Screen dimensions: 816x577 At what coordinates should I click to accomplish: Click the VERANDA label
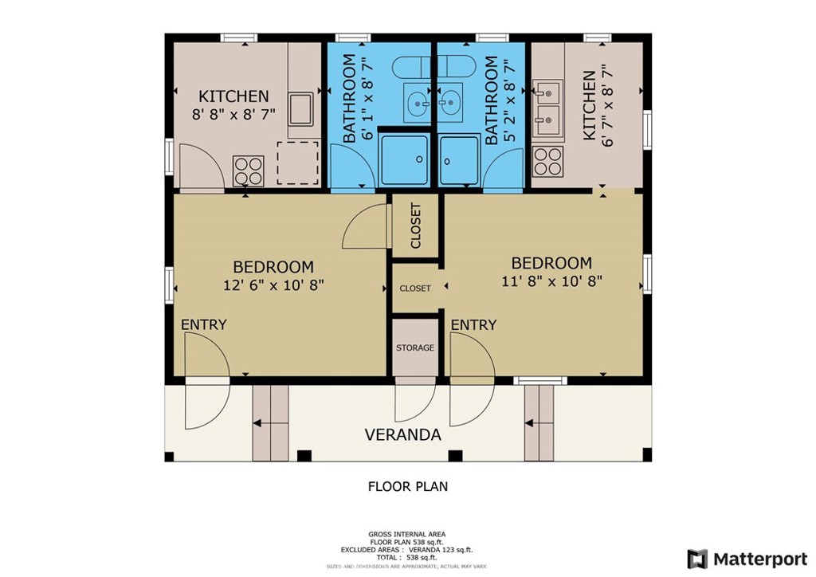click(402, 434)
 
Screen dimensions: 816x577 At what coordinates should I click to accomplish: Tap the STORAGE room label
click(414, 347)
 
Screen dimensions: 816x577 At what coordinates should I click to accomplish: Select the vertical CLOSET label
click(416, 226)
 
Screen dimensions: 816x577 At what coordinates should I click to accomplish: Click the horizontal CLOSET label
click(414, 288)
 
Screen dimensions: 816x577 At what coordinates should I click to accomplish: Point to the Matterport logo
click(747, 559)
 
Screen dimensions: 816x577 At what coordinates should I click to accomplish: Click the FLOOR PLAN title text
click(407, 486)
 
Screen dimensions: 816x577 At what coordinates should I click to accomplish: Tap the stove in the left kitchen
click(249, 171)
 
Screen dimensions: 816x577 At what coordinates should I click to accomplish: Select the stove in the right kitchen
click(548, 161)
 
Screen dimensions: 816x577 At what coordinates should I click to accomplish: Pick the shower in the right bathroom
click(458, 160)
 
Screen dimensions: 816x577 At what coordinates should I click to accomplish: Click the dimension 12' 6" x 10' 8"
click(274, 285)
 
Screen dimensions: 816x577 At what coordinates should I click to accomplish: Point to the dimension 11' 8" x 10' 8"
click(551, 281)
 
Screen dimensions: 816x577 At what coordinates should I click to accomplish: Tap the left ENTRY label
click(203, 324)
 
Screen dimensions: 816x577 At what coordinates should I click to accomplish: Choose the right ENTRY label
click(473, 324)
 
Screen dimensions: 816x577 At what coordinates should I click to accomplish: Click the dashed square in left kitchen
click(298, 163)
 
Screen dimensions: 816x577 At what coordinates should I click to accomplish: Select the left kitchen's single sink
click(300, 109)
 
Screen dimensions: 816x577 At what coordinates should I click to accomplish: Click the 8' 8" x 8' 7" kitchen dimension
click(233, 115)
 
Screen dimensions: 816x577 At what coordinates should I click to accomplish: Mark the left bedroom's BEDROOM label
click(273, 267)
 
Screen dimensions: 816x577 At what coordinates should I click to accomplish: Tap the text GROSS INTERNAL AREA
click(407, 534)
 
